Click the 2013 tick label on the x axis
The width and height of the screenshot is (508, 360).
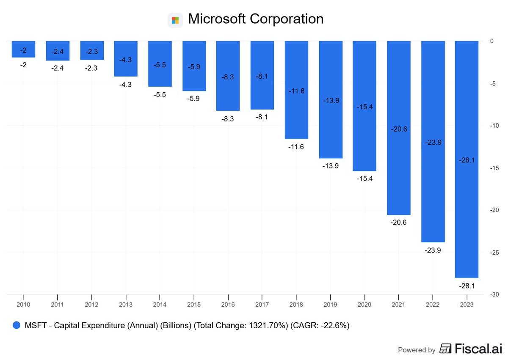point(126,304)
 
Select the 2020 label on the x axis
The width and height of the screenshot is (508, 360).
point(364,304)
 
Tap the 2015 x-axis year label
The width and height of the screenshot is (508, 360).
point(194,304)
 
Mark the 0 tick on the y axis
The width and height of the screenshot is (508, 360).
point(492,41)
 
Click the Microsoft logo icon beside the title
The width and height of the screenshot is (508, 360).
point(175,20)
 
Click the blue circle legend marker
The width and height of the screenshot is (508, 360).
point(17,325)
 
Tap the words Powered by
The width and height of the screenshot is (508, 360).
point(417,350)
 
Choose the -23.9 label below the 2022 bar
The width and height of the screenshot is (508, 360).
point(433,250)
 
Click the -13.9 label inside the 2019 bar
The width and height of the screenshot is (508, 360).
point(331,100)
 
